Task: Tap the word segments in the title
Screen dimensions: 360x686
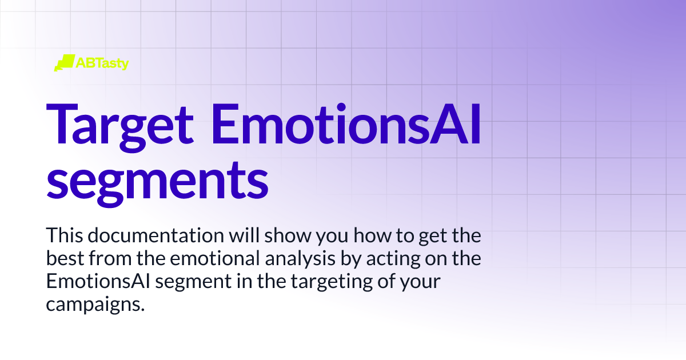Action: (157, 179)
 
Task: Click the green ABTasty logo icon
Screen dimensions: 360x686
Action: (64, 62)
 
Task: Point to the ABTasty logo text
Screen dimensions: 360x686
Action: (102, 62)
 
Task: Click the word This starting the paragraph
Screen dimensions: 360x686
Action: (64, 235)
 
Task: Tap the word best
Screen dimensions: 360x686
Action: (63, 259)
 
